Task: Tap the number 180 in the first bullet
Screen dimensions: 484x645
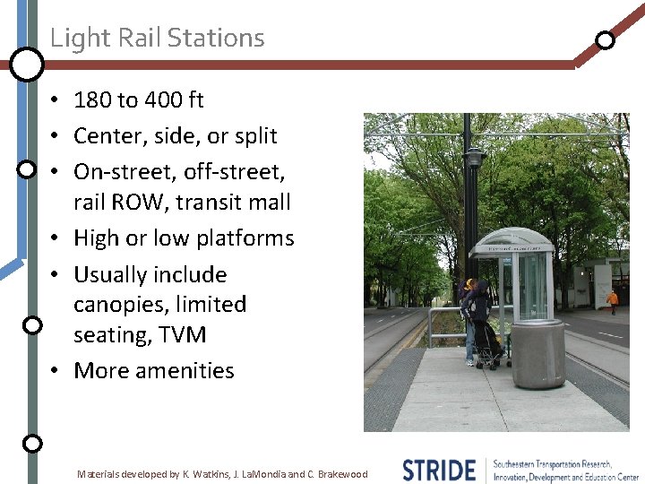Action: tap(94, 100)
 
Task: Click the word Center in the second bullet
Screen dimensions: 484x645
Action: tap(107, 136)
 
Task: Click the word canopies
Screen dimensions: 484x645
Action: tap(121, 305)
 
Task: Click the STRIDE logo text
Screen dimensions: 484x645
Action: tap(439, 471)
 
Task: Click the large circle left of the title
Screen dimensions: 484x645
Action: tap(27, 64)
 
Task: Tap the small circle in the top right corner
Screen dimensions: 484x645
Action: tap(606, 40)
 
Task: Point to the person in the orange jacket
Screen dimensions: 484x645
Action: tap(613, 299)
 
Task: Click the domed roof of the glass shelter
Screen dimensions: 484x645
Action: tap(512, 238)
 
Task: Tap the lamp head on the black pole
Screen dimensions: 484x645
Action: tap(474, 159)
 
